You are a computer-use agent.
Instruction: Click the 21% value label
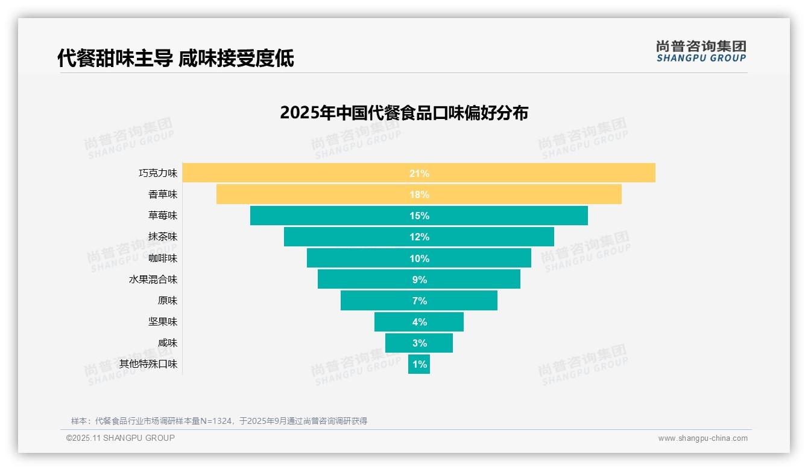click(419, 173)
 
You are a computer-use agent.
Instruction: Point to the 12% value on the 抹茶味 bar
click(419, 237)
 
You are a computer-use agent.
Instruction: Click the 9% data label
click(419, 280)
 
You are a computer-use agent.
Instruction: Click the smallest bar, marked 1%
click(419, 364)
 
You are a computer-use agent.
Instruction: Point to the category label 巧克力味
click(158, 173)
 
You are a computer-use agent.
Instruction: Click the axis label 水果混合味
click(153, 280)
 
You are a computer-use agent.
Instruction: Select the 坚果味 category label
click(163, 322)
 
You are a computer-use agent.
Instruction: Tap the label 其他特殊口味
click(148, 364)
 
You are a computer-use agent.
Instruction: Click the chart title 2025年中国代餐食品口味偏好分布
click(404, 113)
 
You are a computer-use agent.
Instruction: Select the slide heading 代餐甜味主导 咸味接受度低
click(175, 59)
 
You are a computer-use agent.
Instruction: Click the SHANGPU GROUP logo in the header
click(701, 51)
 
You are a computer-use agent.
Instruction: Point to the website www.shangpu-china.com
click(702, 438)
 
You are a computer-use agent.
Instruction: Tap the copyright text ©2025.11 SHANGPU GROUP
click(121, 438)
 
